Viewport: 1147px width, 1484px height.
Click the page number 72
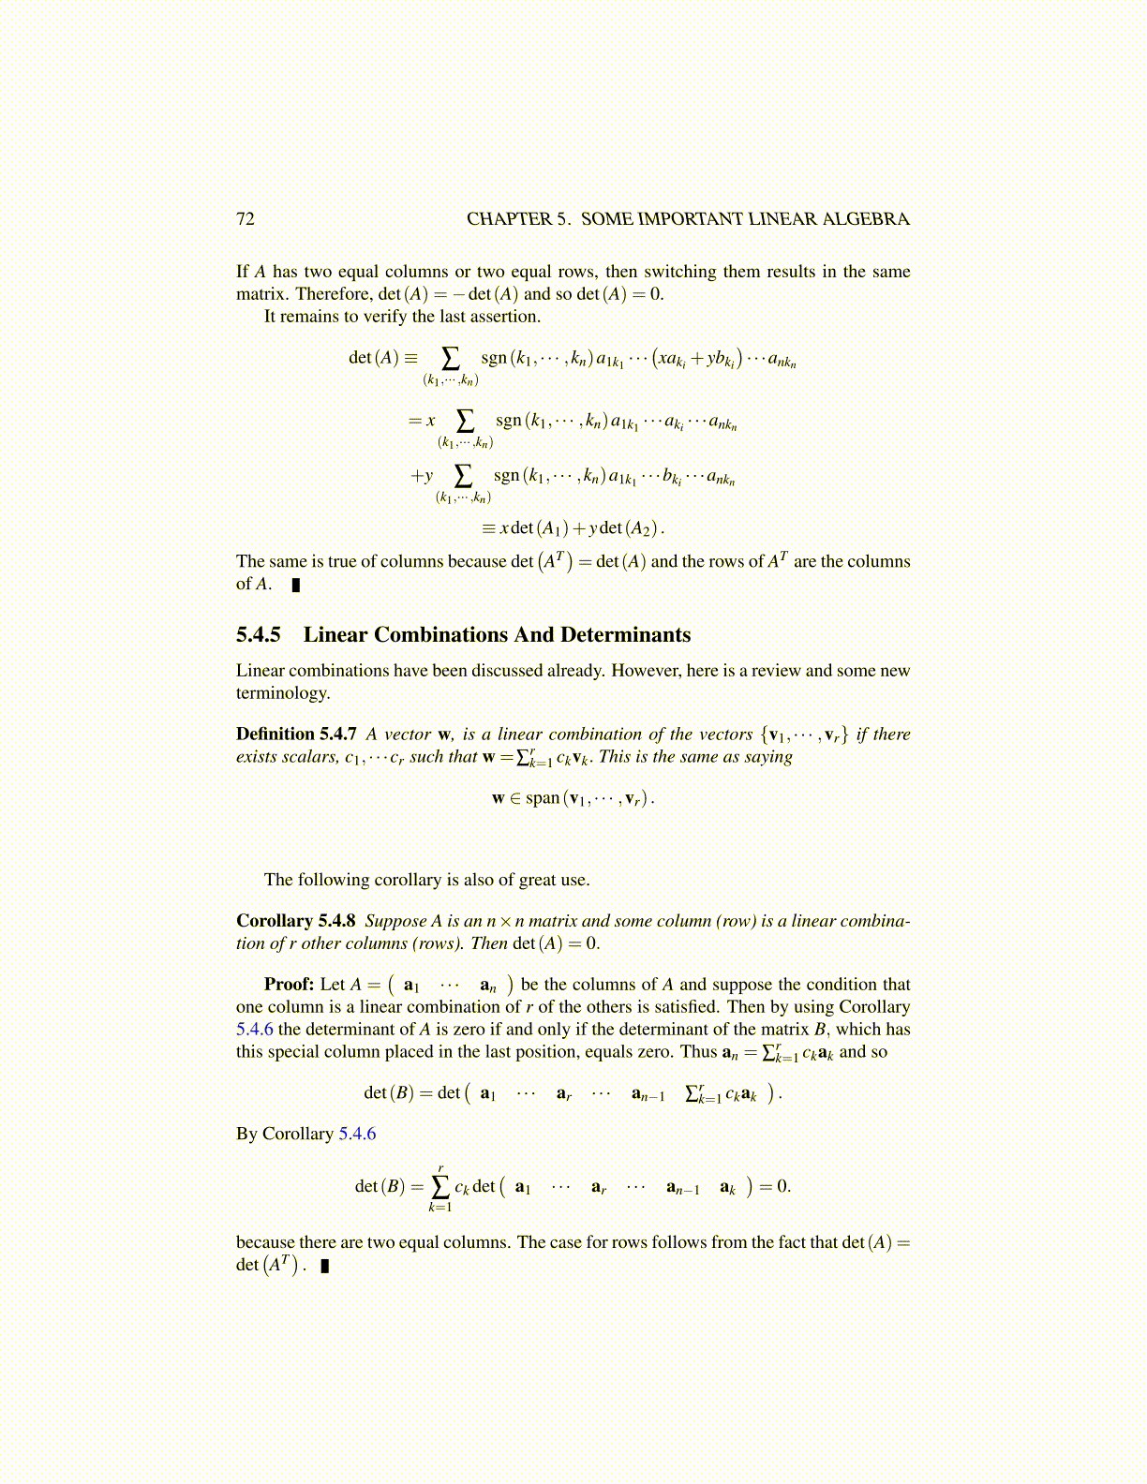[x=246, y=219]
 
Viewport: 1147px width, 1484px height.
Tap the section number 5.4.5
[x=259, y=635]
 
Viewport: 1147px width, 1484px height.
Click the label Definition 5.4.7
[x=296, y=735]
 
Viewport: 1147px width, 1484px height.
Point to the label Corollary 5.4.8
[x=295, y=921]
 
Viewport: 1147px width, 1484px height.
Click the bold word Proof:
[x=289, y=985]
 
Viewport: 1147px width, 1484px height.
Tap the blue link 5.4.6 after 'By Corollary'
[x=357, y=1135]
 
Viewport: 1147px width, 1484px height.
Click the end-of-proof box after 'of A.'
[x=296, y=586]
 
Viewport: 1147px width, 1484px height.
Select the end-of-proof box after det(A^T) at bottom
[x=325, y=1267]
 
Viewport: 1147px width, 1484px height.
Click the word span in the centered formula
[x=542, y=798]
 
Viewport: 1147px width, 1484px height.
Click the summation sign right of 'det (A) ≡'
[x=451, y=359]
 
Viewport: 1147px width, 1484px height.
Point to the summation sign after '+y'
[x=463, y=476]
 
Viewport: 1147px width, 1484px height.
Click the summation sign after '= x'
[x=465, y=422]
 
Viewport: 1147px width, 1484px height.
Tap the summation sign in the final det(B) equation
[x=439, y=1187]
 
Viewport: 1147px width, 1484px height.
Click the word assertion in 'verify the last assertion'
[x=506, y=317]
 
